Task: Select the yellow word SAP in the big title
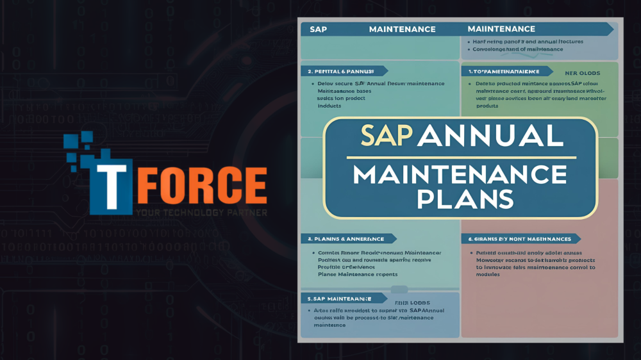(x=385, y=135)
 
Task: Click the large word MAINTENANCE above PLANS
(x=460, y=174)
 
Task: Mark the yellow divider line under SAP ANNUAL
(x=460, y=157)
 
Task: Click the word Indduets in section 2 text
(x=329, y=106)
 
